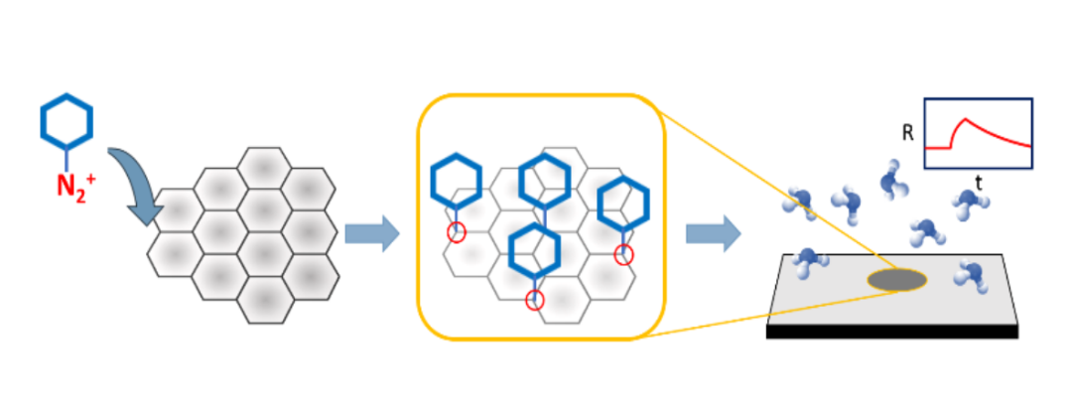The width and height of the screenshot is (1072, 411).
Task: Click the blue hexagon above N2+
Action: (x=67, y=121)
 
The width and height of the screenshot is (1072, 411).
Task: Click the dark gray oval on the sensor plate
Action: (x=899, y=280)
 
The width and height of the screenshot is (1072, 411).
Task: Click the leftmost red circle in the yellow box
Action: (x=456, y=232)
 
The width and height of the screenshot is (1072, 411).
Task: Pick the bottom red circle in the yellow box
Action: (x=535, y=301)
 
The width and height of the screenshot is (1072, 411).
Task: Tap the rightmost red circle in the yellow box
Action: (x=623, y=255)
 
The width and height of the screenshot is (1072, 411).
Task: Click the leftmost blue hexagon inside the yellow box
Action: (x=456, y=180)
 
